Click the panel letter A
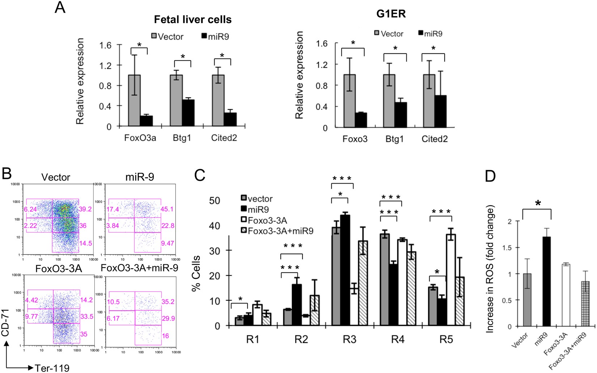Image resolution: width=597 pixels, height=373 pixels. [60, 7]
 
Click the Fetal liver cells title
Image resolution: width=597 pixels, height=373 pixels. [192, 19]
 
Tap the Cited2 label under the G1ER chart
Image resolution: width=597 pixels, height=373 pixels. [435, 139]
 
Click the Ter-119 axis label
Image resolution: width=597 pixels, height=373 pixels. [52, 368]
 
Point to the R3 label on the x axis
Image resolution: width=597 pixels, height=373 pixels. [350, 340]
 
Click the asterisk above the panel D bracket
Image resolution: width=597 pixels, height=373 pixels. [538, 204]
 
